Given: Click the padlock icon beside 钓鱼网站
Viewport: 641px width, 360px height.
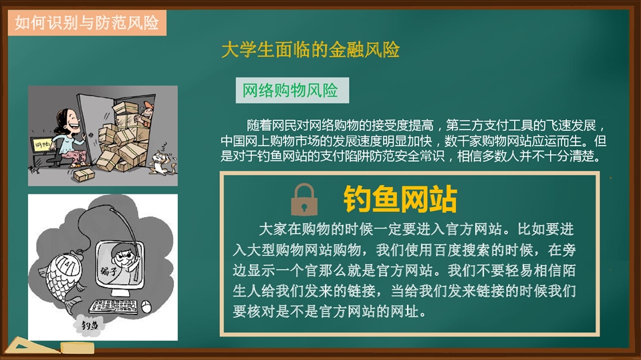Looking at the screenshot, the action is (x=303, y=200).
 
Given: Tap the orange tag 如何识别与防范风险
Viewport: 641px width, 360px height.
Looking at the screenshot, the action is (x=87, y=23).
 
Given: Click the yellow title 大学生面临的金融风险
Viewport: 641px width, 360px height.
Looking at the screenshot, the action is (x=310, y=50).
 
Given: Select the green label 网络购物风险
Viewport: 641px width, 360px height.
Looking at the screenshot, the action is (x=292, y=90).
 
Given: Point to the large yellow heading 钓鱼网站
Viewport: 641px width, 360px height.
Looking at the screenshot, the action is (x=400, y=199).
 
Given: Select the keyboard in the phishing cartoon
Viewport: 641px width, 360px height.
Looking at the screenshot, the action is (x=113, y=306).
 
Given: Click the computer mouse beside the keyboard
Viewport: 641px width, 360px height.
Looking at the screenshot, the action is (x=146, y=306).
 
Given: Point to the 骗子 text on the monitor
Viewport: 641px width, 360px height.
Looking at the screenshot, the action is (x=109, y=271).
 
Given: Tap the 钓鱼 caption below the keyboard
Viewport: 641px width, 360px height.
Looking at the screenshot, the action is (x=89, y=326).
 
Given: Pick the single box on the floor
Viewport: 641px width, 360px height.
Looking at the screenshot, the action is (x=84, y=175).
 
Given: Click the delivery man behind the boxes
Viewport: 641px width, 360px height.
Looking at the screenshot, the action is (x=145, y=114).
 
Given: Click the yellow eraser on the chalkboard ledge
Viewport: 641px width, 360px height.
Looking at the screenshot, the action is (x=78, y=348).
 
